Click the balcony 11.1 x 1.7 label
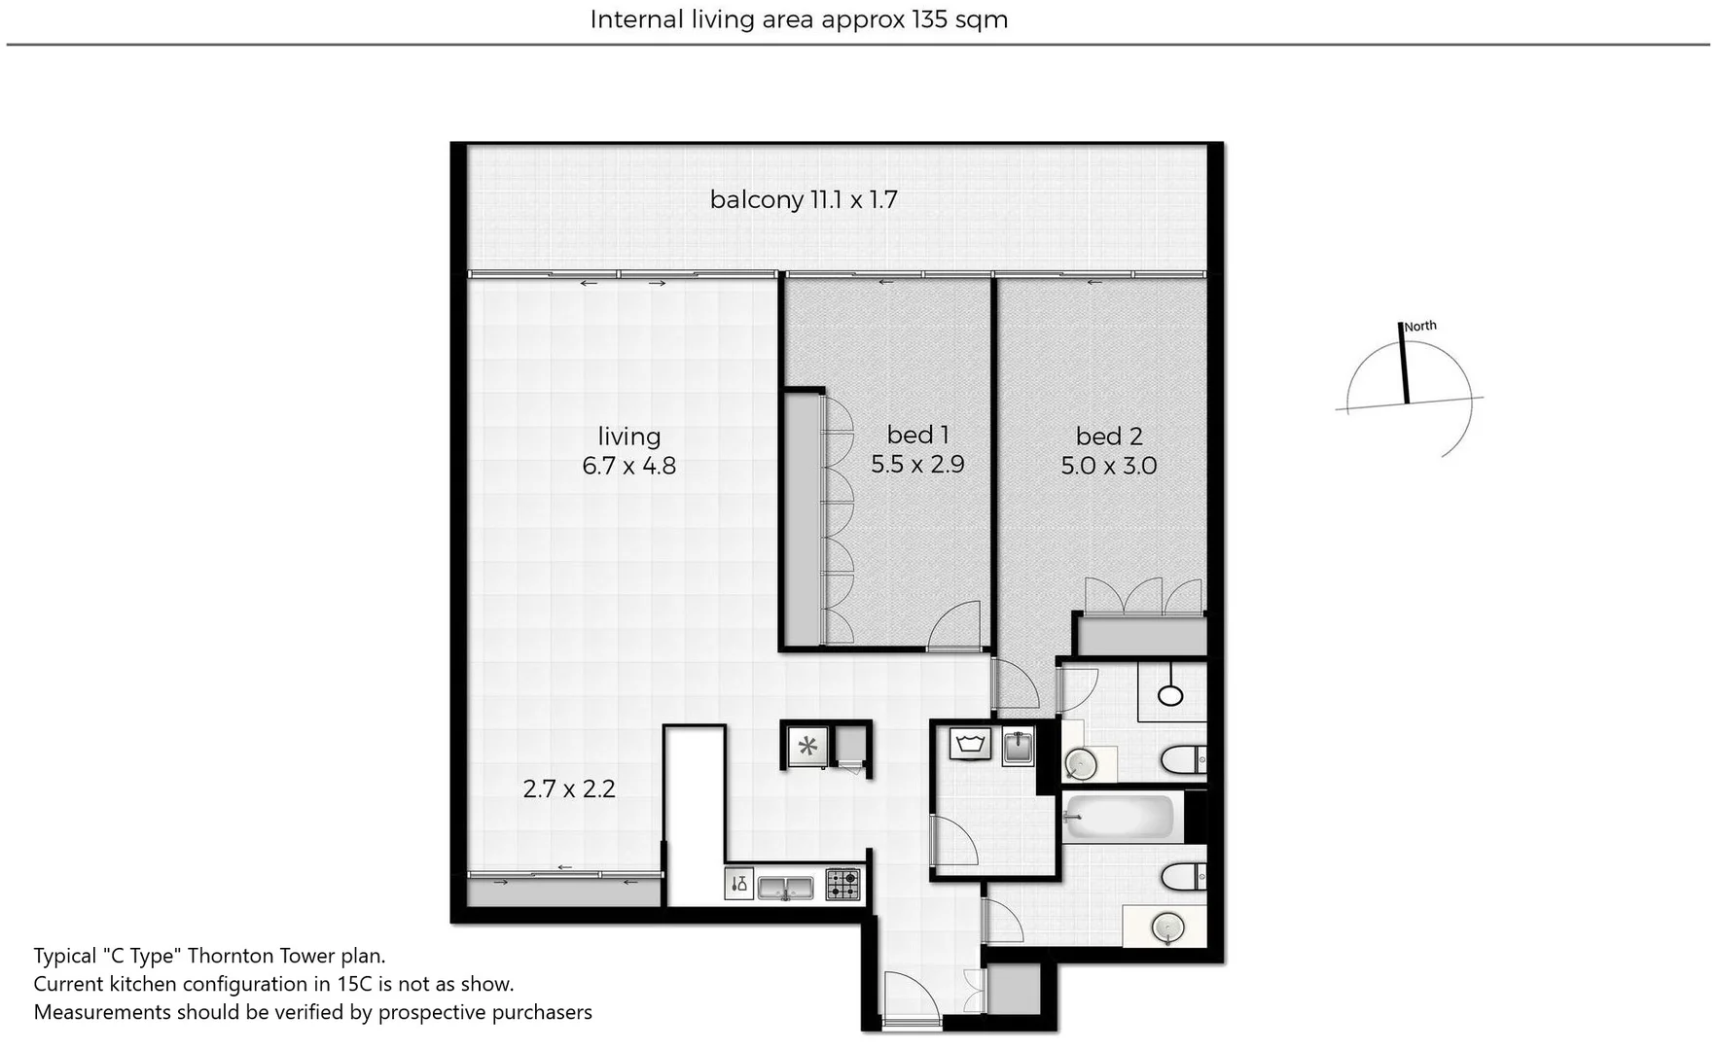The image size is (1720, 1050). (803, 200)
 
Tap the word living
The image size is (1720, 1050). (628, 437)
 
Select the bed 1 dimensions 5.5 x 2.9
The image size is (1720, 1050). (917, 465)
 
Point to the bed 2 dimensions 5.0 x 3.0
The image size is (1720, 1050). (1108, 466)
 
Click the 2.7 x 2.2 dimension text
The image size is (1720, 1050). (569, 788)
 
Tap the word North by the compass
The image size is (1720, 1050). (1420, 327)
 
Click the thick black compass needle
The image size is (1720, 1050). (1405, 362)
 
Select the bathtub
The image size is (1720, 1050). (1120, 817)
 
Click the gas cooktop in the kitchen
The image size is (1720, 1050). (842, 885)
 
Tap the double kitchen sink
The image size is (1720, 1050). (785, 887)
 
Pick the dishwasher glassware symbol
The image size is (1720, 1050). (738, 884)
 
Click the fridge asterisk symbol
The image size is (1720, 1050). (807, 747)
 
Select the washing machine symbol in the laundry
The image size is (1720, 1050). (971, 745)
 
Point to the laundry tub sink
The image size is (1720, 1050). (1018, 747)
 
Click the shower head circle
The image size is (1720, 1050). (1170, 695)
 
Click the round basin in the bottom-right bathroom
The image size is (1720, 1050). (1165, 927)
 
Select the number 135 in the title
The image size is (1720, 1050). (929, 19)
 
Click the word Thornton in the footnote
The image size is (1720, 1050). (227, 956)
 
